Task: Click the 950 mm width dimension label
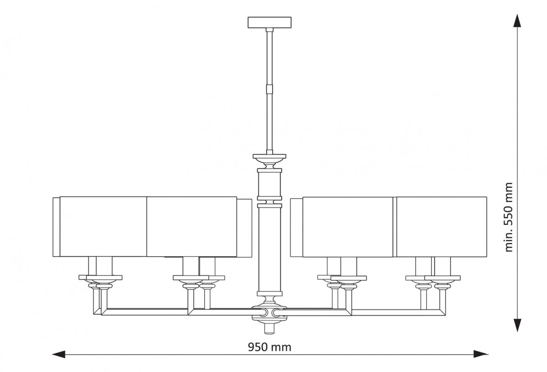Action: pyautogui.click(x=269, y=347)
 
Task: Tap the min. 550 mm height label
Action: pyautogui.click(x=509, y=217)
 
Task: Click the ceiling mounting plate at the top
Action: pyautogui.click(x=269, y=22)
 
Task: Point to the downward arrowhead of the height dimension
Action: pyautogui.click(x=517, y=325)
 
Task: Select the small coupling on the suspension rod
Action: pyautogui.click(x=269, y=88)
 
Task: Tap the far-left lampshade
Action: pyautogui.click(x=100, y=227)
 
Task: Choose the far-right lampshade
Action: pyautogui.click(x=442, y=227)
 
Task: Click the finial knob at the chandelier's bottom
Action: pyautogui.click(x=269, y=329)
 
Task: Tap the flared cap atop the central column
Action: pyautogui.click(x=269, y=159)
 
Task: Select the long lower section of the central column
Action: pyautogui.click(x=269, y=249)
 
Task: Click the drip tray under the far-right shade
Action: pyautogui.click(x=443, y=278)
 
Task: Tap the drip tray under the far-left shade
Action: pyautogui.click(x=104, y=278)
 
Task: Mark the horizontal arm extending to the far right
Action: pyautogui.click(x=398, y=312)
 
